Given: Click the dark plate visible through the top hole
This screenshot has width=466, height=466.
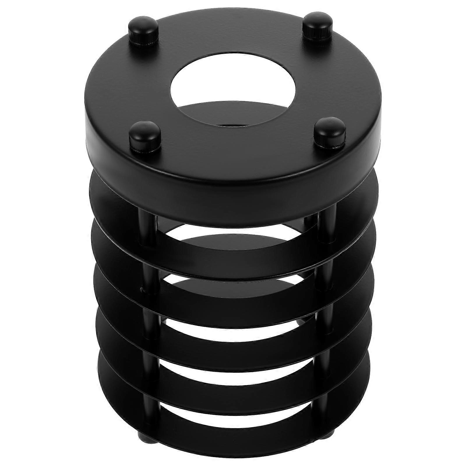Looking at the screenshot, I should click(233, 115).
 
